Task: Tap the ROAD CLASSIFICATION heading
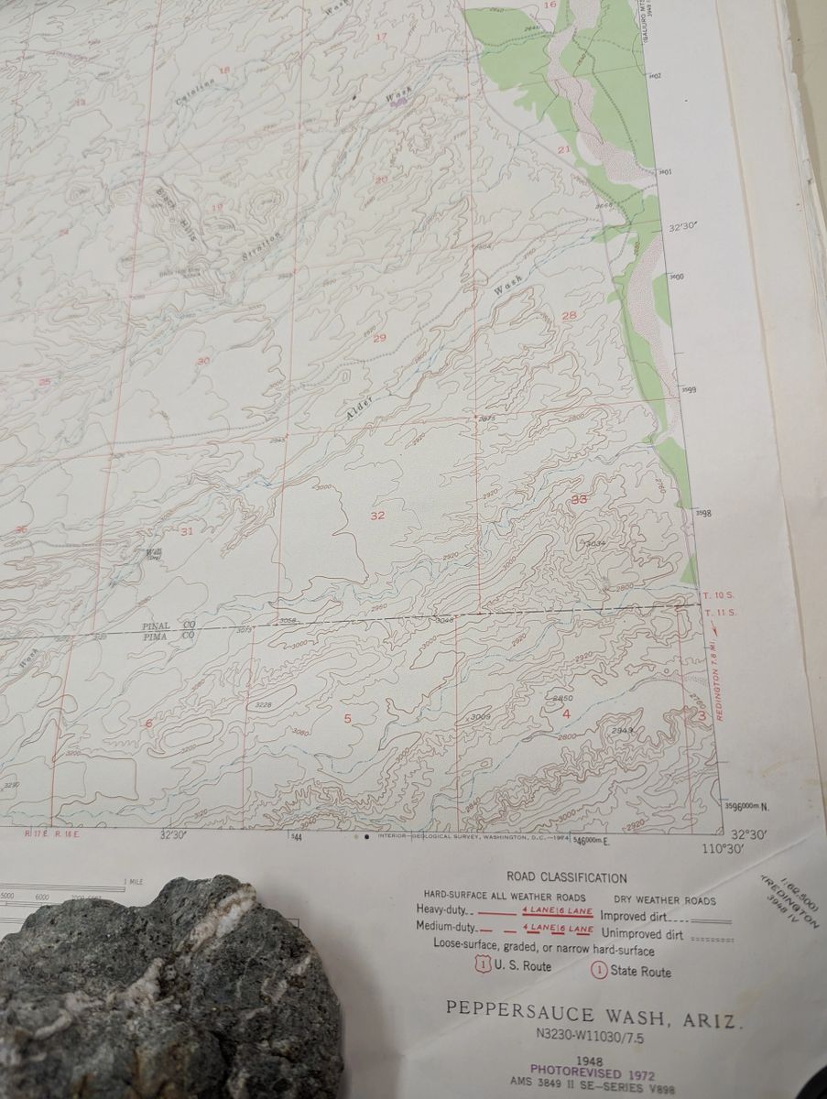(567, 877)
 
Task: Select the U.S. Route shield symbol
(483, 964)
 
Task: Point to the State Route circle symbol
(600, 971)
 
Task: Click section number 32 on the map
(377, 517)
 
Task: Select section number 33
(579, 499)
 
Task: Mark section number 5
(347, 718)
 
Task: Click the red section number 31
(187, 531)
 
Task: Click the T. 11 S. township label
(719, 612)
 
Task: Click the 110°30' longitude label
(723, 849)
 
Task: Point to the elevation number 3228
(263, 704)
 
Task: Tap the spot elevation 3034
(596, 544)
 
